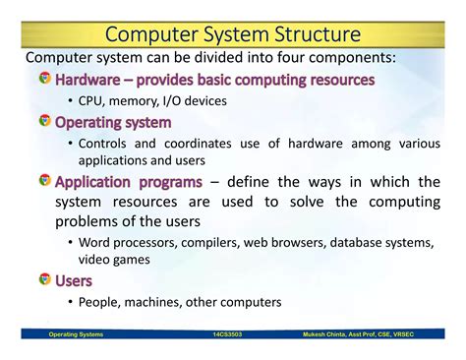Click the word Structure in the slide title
point(307,35)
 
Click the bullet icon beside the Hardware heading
point(44,79)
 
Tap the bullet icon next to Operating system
point(44,122)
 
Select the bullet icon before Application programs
point(44,181)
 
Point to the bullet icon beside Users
point(44,280)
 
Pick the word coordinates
point(201,144)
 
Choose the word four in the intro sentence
point(272,57)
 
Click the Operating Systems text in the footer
point(76,334)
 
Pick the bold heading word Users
point(74,280)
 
